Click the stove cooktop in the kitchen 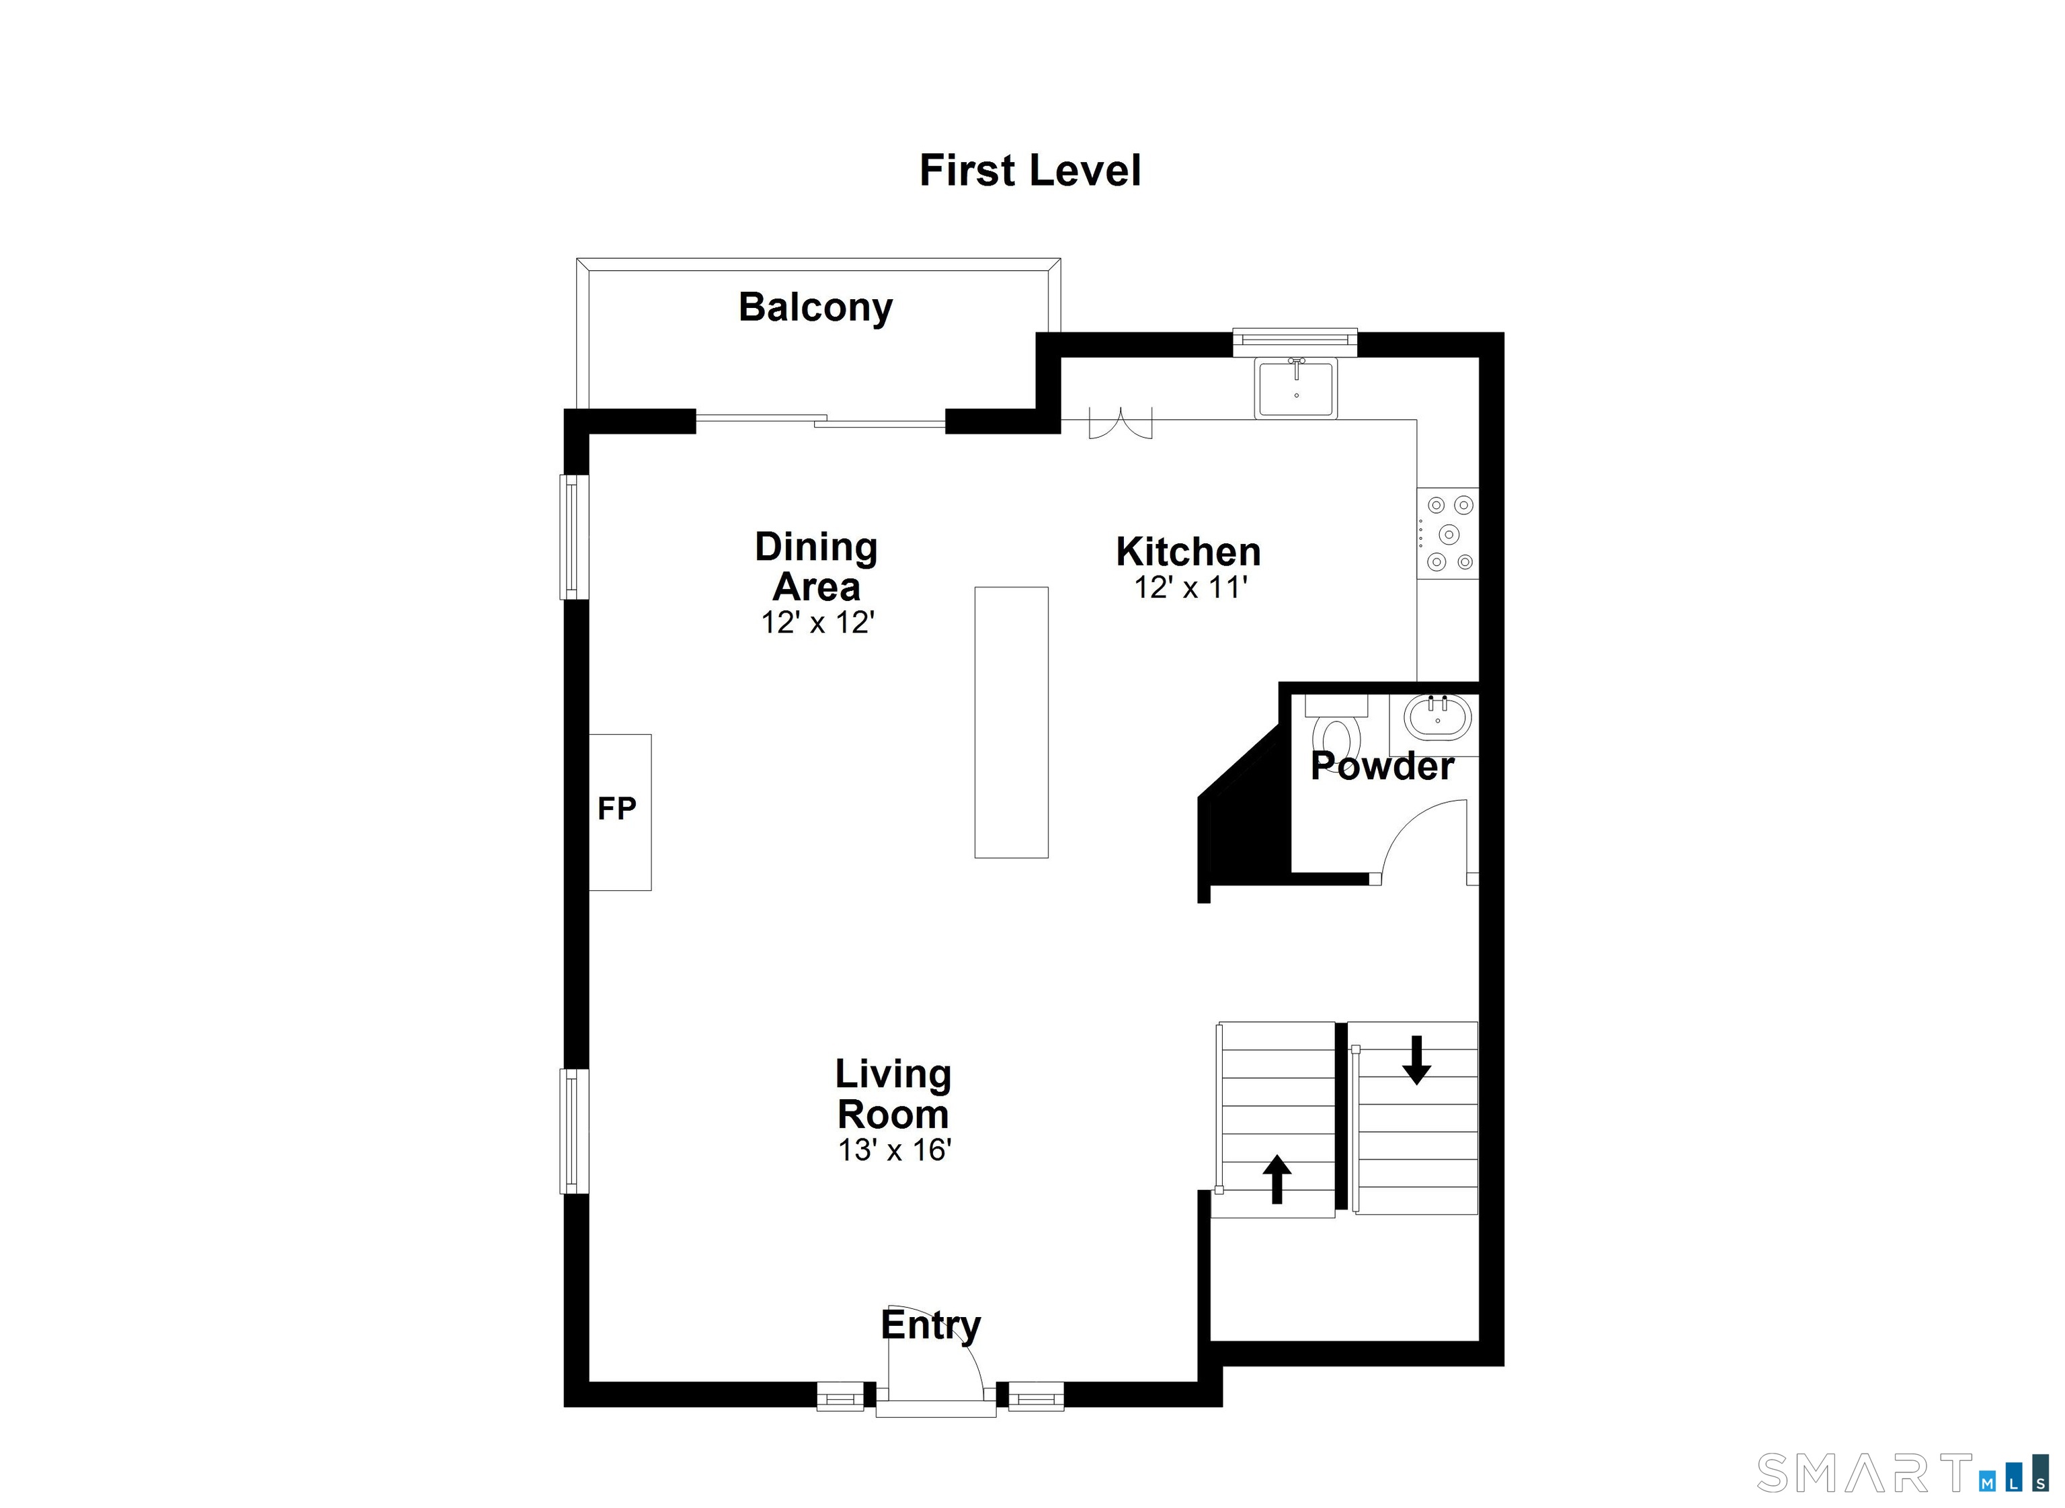pos(1448,533)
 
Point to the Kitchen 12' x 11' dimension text pos(1190,588)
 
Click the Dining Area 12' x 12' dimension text pos(817,623)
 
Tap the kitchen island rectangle pos(1011,722)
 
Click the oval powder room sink pos(1437,717)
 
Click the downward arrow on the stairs pos(1416,1060)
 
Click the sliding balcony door pos(819,421)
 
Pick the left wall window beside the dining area pos(574,537)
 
